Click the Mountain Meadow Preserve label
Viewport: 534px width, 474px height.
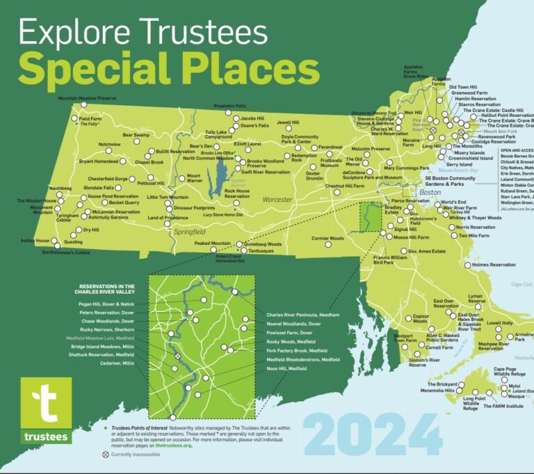click(x=86, y=99)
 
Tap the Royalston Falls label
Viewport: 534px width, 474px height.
click(x=230, y=106)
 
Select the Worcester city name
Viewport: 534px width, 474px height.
click(x=277, y=200)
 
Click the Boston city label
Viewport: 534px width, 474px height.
click(x=432, y=192)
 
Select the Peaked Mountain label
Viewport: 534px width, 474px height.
click(x=212, y=244)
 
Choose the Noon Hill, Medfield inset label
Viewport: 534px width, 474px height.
click(x=287, y=368)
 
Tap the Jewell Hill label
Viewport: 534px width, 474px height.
click(x=287, y=123)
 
